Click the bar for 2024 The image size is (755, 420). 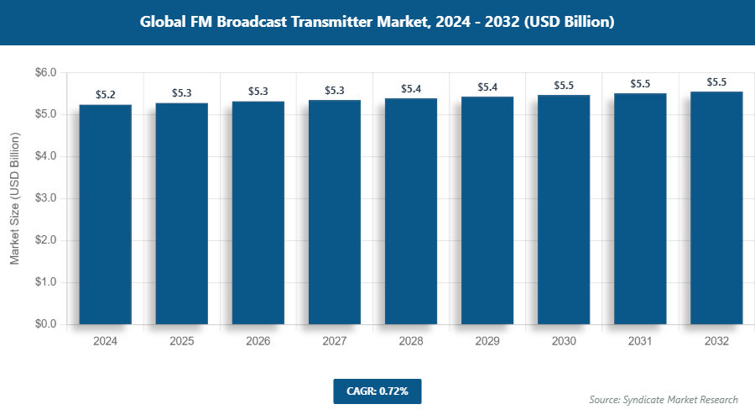[x=106, y=214]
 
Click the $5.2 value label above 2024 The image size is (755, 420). [x=106, y=95]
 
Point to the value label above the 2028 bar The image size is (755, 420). [x=411, y=88]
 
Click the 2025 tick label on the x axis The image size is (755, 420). [x=182, y=341]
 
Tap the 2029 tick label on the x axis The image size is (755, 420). [x=487, y=341]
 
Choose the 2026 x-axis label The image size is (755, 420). [x=258, y=341]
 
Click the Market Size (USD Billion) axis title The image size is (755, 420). [x=14, y=198]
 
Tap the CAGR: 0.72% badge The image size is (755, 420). [x=377, y=391]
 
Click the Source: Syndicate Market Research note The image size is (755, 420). [x=664, y=400]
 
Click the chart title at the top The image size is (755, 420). [x=377, y=22]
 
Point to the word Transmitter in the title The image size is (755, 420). [x=335, y=22]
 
